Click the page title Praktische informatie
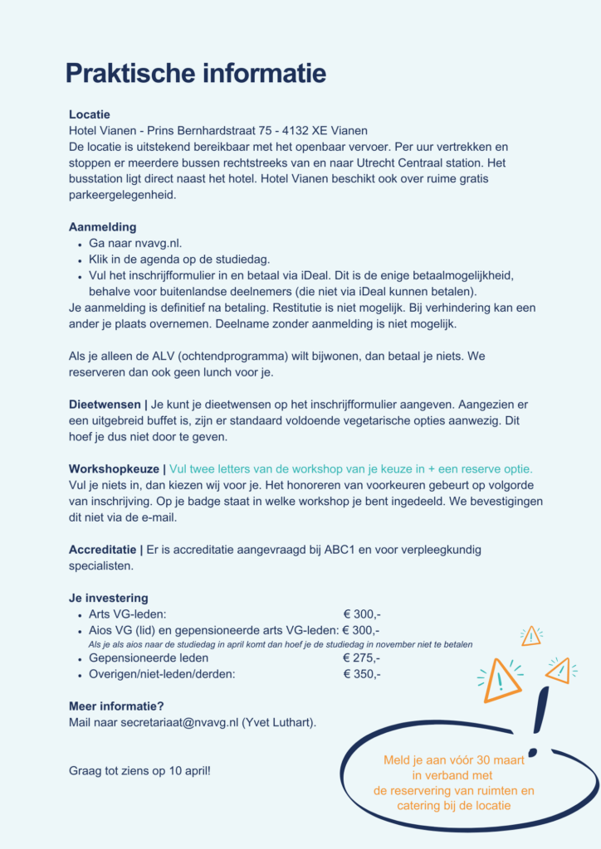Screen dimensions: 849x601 (196, 73)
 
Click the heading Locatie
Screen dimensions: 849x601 (89, 114)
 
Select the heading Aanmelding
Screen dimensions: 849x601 (102, 227)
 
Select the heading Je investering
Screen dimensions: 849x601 (108, 598)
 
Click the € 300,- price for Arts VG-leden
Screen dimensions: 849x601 (362, 614)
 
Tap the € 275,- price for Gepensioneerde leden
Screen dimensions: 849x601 (362, 658)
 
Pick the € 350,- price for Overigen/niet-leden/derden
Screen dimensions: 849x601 (362, 674)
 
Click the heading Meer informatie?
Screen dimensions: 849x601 (116, 706)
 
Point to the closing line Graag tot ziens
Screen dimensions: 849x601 (139, 771)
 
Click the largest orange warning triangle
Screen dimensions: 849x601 (501, 679)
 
